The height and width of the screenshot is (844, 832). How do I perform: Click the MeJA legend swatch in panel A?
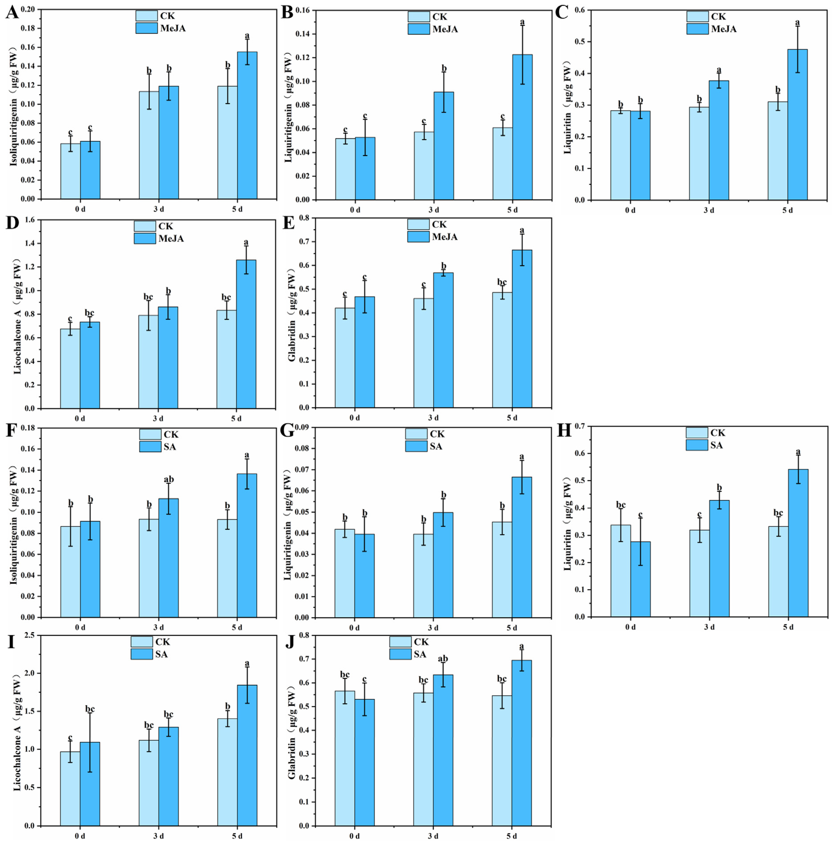(x=146, y=28)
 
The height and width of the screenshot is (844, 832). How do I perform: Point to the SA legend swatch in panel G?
(x=416, y=446)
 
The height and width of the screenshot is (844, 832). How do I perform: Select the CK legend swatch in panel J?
(x=400, y=642)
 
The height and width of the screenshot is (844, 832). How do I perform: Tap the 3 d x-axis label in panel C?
(x=709, y=210)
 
